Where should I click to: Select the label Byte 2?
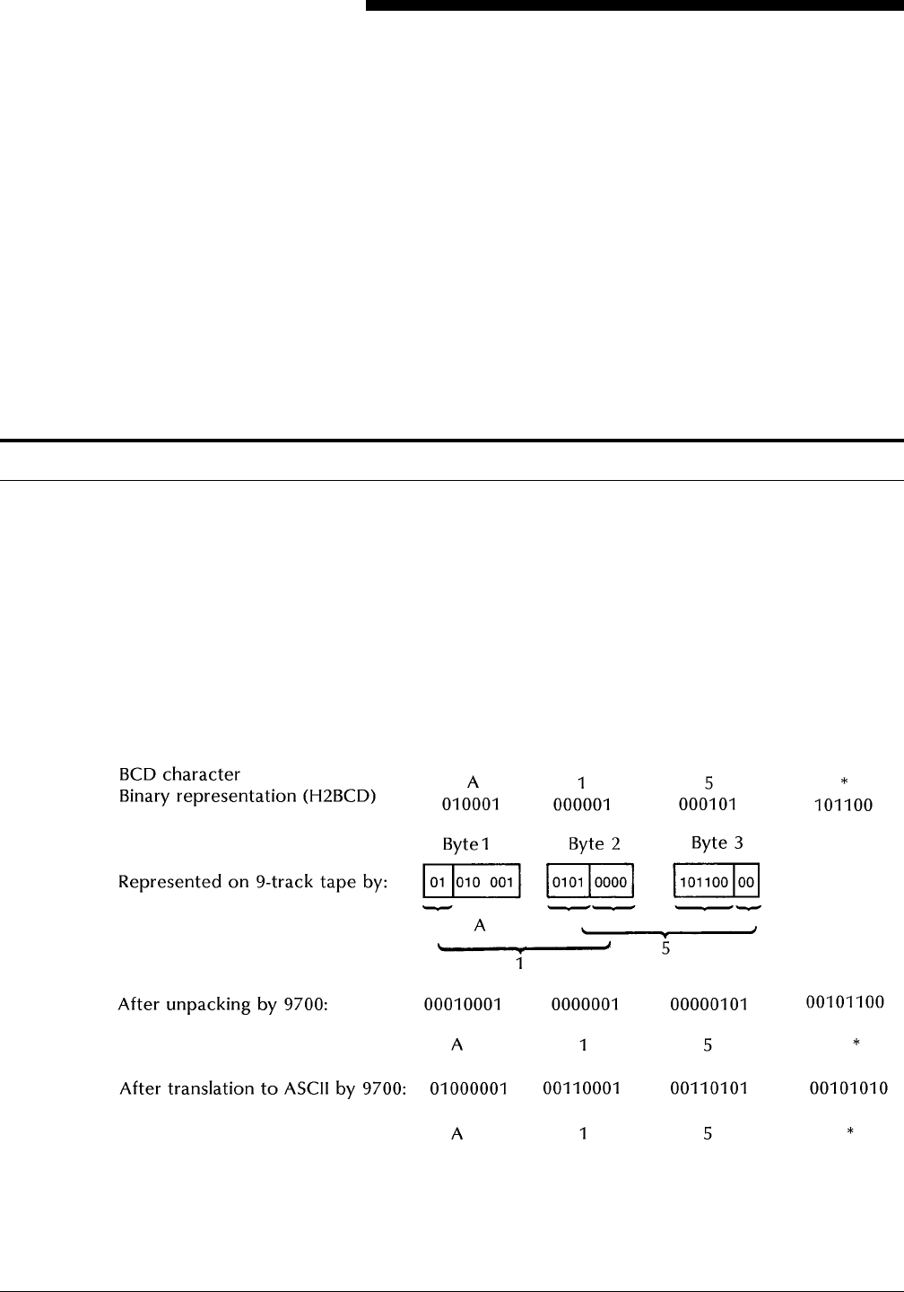coord(594,844)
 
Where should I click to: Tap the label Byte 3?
coord(717,843)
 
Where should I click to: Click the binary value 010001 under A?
coord(473,805)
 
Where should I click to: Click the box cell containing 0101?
coord(568,883)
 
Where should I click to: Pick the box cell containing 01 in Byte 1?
coord(439,883)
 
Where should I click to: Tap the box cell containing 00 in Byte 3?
coord(746,883)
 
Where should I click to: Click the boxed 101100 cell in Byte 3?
coord(704,883)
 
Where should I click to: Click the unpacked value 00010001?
coord(462,1005)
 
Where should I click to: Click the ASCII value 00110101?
coord(708,1088)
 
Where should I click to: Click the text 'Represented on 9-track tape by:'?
coord(253,883)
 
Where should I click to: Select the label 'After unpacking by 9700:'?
coord(223,1005)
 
